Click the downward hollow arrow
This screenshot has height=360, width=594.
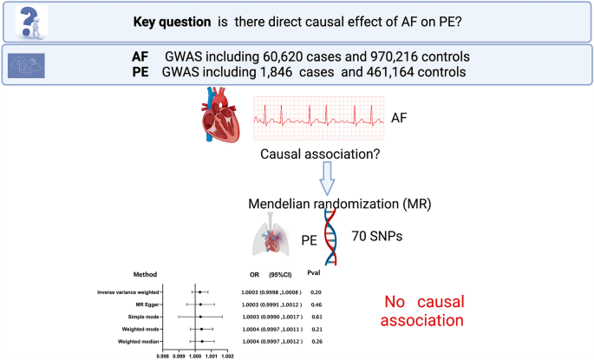(328, 181)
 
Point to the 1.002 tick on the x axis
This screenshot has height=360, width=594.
(228, 355)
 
